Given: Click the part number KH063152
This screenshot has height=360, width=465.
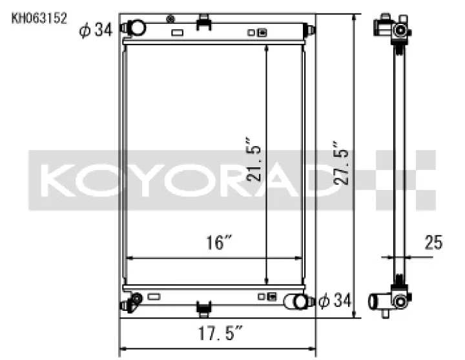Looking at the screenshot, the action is [39, 18].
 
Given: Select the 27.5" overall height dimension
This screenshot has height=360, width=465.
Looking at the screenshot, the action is [340, 163].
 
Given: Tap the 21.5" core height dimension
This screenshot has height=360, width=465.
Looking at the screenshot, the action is [254, 159].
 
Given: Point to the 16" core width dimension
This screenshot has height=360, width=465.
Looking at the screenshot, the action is [218, 242].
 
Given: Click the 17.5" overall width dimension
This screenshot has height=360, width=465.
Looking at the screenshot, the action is [220, 333].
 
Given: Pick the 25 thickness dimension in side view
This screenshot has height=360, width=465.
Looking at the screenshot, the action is [433, 242].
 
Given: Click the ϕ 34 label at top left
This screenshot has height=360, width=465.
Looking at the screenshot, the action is [96, 30].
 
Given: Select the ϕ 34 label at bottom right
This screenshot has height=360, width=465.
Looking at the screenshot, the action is [335, 301].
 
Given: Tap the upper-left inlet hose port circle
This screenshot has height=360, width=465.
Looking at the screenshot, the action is [137, 28].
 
